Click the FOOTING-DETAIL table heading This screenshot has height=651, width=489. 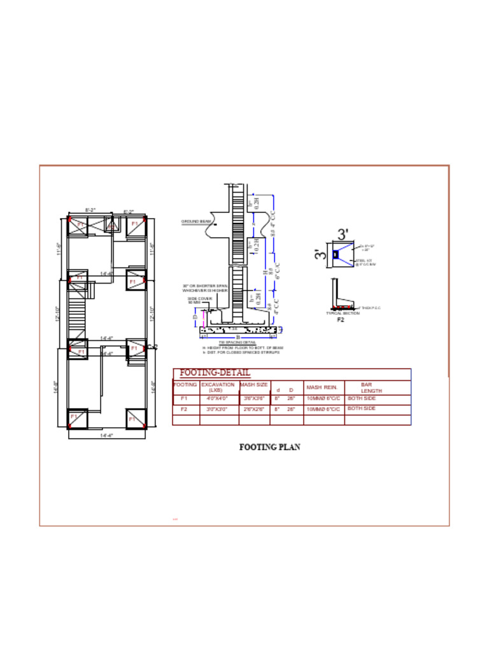(215, 373)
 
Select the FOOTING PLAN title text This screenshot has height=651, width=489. (269, 447)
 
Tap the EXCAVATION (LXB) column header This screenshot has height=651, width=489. (218, 387)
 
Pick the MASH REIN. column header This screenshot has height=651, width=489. (322, 387)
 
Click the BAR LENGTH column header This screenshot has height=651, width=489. (369, 388)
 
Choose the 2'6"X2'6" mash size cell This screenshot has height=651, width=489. (253, 409)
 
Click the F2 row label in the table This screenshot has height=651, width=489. (184, 409)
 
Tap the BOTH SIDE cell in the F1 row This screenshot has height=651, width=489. (362, 398)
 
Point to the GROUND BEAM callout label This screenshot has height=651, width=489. (196, 222)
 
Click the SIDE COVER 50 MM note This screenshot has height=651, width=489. (199, 300)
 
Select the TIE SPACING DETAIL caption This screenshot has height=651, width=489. (237, 343)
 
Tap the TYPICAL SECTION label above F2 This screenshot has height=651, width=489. (343, 313)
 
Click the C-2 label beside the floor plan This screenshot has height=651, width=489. (152, 346)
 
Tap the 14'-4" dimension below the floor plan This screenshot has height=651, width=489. (106, 436)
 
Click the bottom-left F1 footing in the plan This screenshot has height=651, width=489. (77, 418)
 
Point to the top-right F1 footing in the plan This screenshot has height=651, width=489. (135, 225)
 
